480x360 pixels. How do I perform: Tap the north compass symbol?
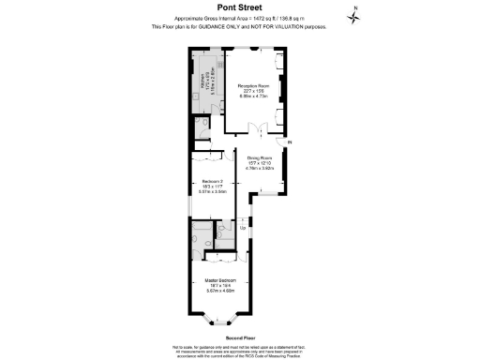tap(353, 13)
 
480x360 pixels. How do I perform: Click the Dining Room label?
tap(259, 157)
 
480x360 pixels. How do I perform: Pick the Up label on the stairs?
tap(243, 228)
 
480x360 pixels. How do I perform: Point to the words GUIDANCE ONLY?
tap(226, 26)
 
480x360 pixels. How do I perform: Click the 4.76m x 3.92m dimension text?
tap(259, 169)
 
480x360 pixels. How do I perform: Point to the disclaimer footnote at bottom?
tap(240, 350)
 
